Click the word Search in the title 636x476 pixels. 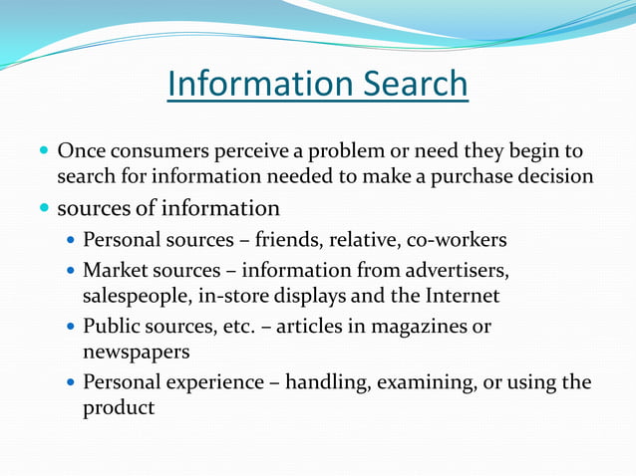point(412,84)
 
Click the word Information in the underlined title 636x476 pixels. point(256,84)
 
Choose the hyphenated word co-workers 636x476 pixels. point(459,240)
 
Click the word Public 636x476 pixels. point(113,326)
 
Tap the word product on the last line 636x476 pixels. point(119,408)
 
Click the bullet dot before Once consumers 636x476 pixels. point(43,153)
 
